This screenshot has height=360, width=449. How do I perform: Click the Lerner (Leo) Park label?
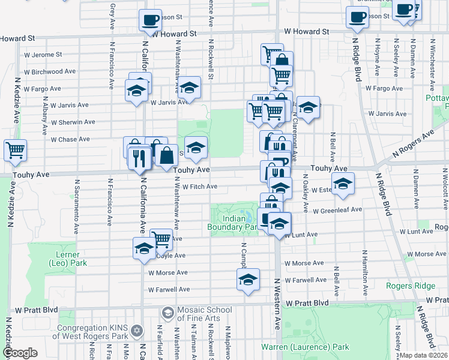click(x=67, y=258)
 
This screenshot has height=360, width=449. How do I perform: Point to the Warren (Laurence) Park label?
click(x=305, y=347)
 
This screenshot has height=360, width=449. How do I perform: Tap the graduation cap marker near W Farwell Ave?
click(x=247, y=279)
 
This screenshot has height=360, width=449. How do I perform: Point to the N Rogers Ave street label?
click(x=413, y=143)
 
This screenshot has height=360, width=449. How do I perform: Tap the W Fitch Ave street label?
click(x=200, y=187)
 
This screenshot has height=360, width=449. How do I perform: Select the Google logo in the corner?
click(x=20, y=353)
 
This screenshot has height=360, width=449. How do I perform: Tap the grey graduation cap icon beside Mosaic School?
click(x=167, y=313)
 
